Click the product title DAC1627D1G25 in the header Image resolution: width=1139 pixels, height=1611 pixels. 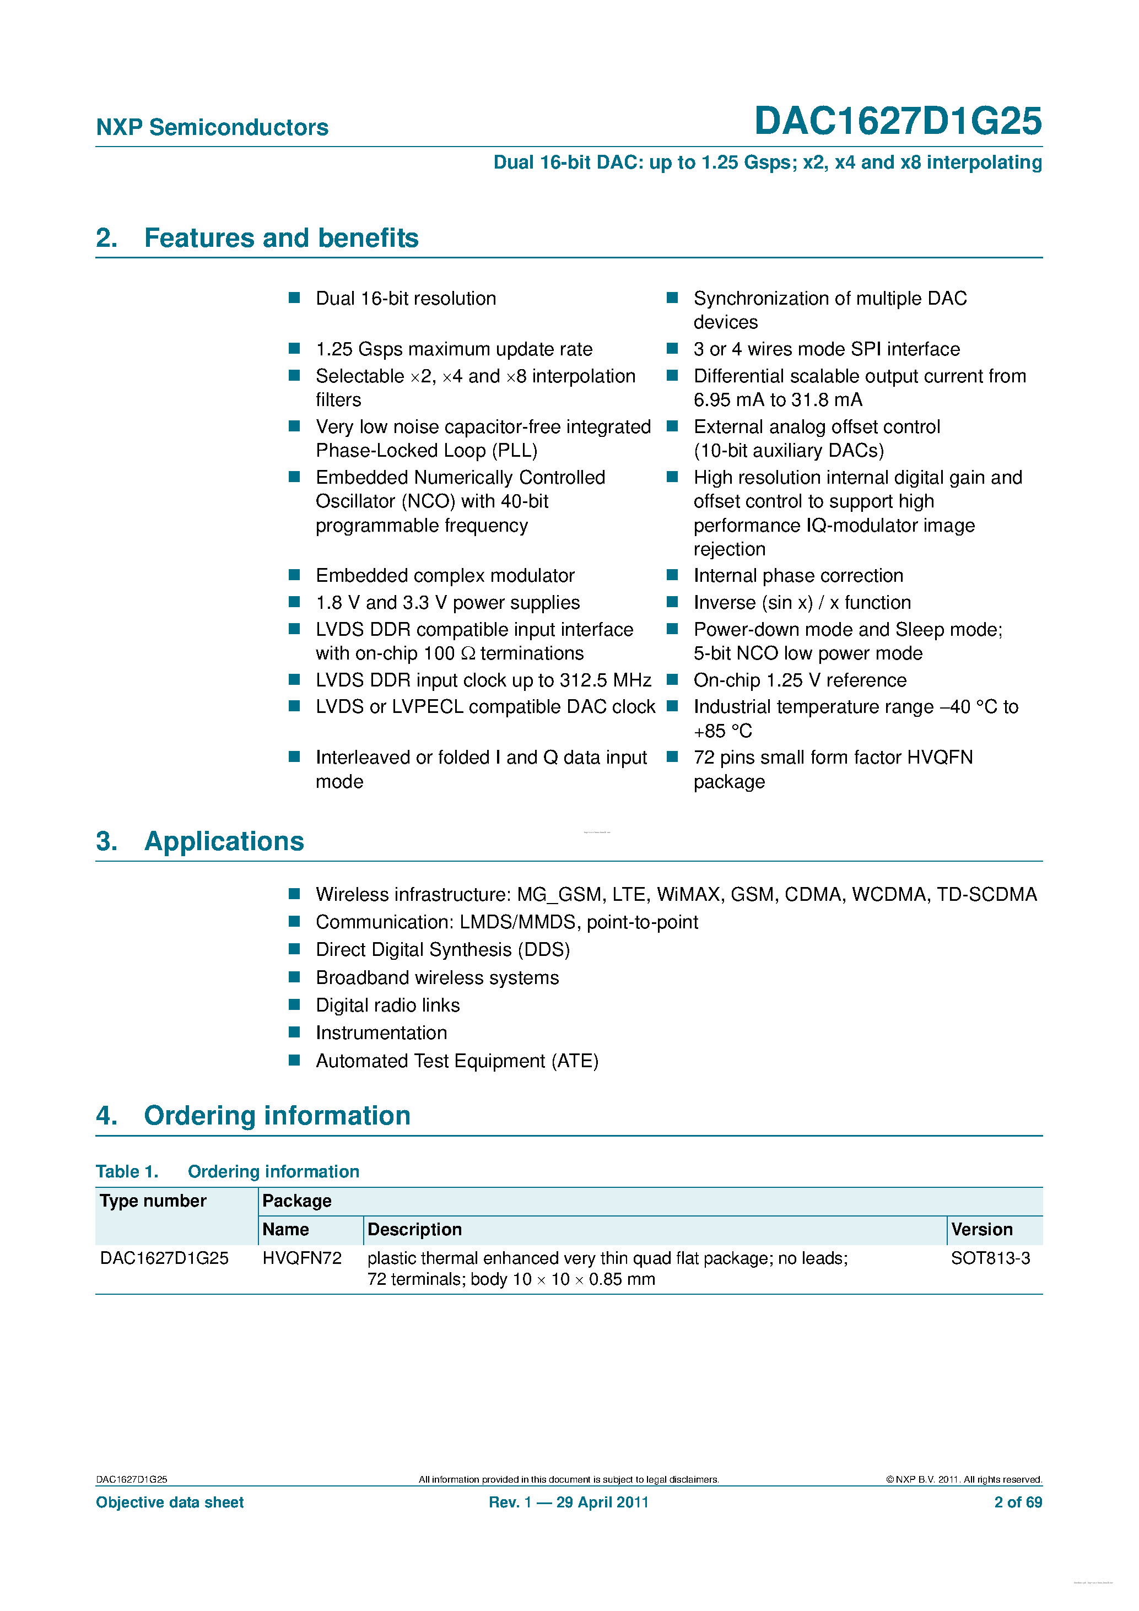[897, 121]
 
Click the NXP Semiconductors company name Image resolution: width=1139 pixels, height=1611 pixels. [212, 128]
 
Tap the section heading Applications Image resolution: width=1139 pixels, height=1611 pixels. [224, 841]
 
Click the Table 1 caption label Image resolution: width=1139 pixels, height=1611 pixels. [127, 1172]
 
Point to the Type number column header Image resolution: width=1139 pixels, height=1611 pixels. [153, 1201]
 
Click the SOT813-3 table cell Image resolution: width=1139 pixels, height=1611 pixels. [990, 1259]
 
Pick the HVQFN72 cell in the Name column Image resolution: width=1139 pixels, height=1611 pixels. [302, 1259]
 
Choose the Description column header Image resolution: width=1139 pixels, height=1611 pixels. [414, 1230]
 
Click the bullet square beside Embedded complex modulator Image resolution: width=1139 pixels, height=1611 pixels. [295, 575]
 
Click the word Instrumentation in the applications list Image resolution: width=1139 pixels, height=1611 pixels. [381, 1033]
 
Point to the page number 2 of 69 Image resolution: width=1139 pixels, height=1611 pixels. [1018, 1502]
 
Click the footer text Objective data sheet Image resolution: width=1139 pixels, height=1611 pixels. [170, 1502]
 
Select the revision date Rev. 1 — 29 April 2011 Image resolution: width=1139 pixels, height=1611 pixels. [569, 1502]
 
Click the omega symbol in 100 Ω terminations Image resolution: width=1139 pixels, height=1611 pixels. [468, 654]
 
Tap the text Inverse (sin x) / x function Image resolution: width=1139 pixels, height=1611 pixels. [802, 603]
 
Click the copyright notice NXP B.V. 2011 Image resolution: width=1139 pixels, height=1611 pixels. [964, 1480]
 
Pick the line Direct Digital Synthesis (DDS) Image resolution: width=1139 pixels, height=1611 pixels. [443, 950]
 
